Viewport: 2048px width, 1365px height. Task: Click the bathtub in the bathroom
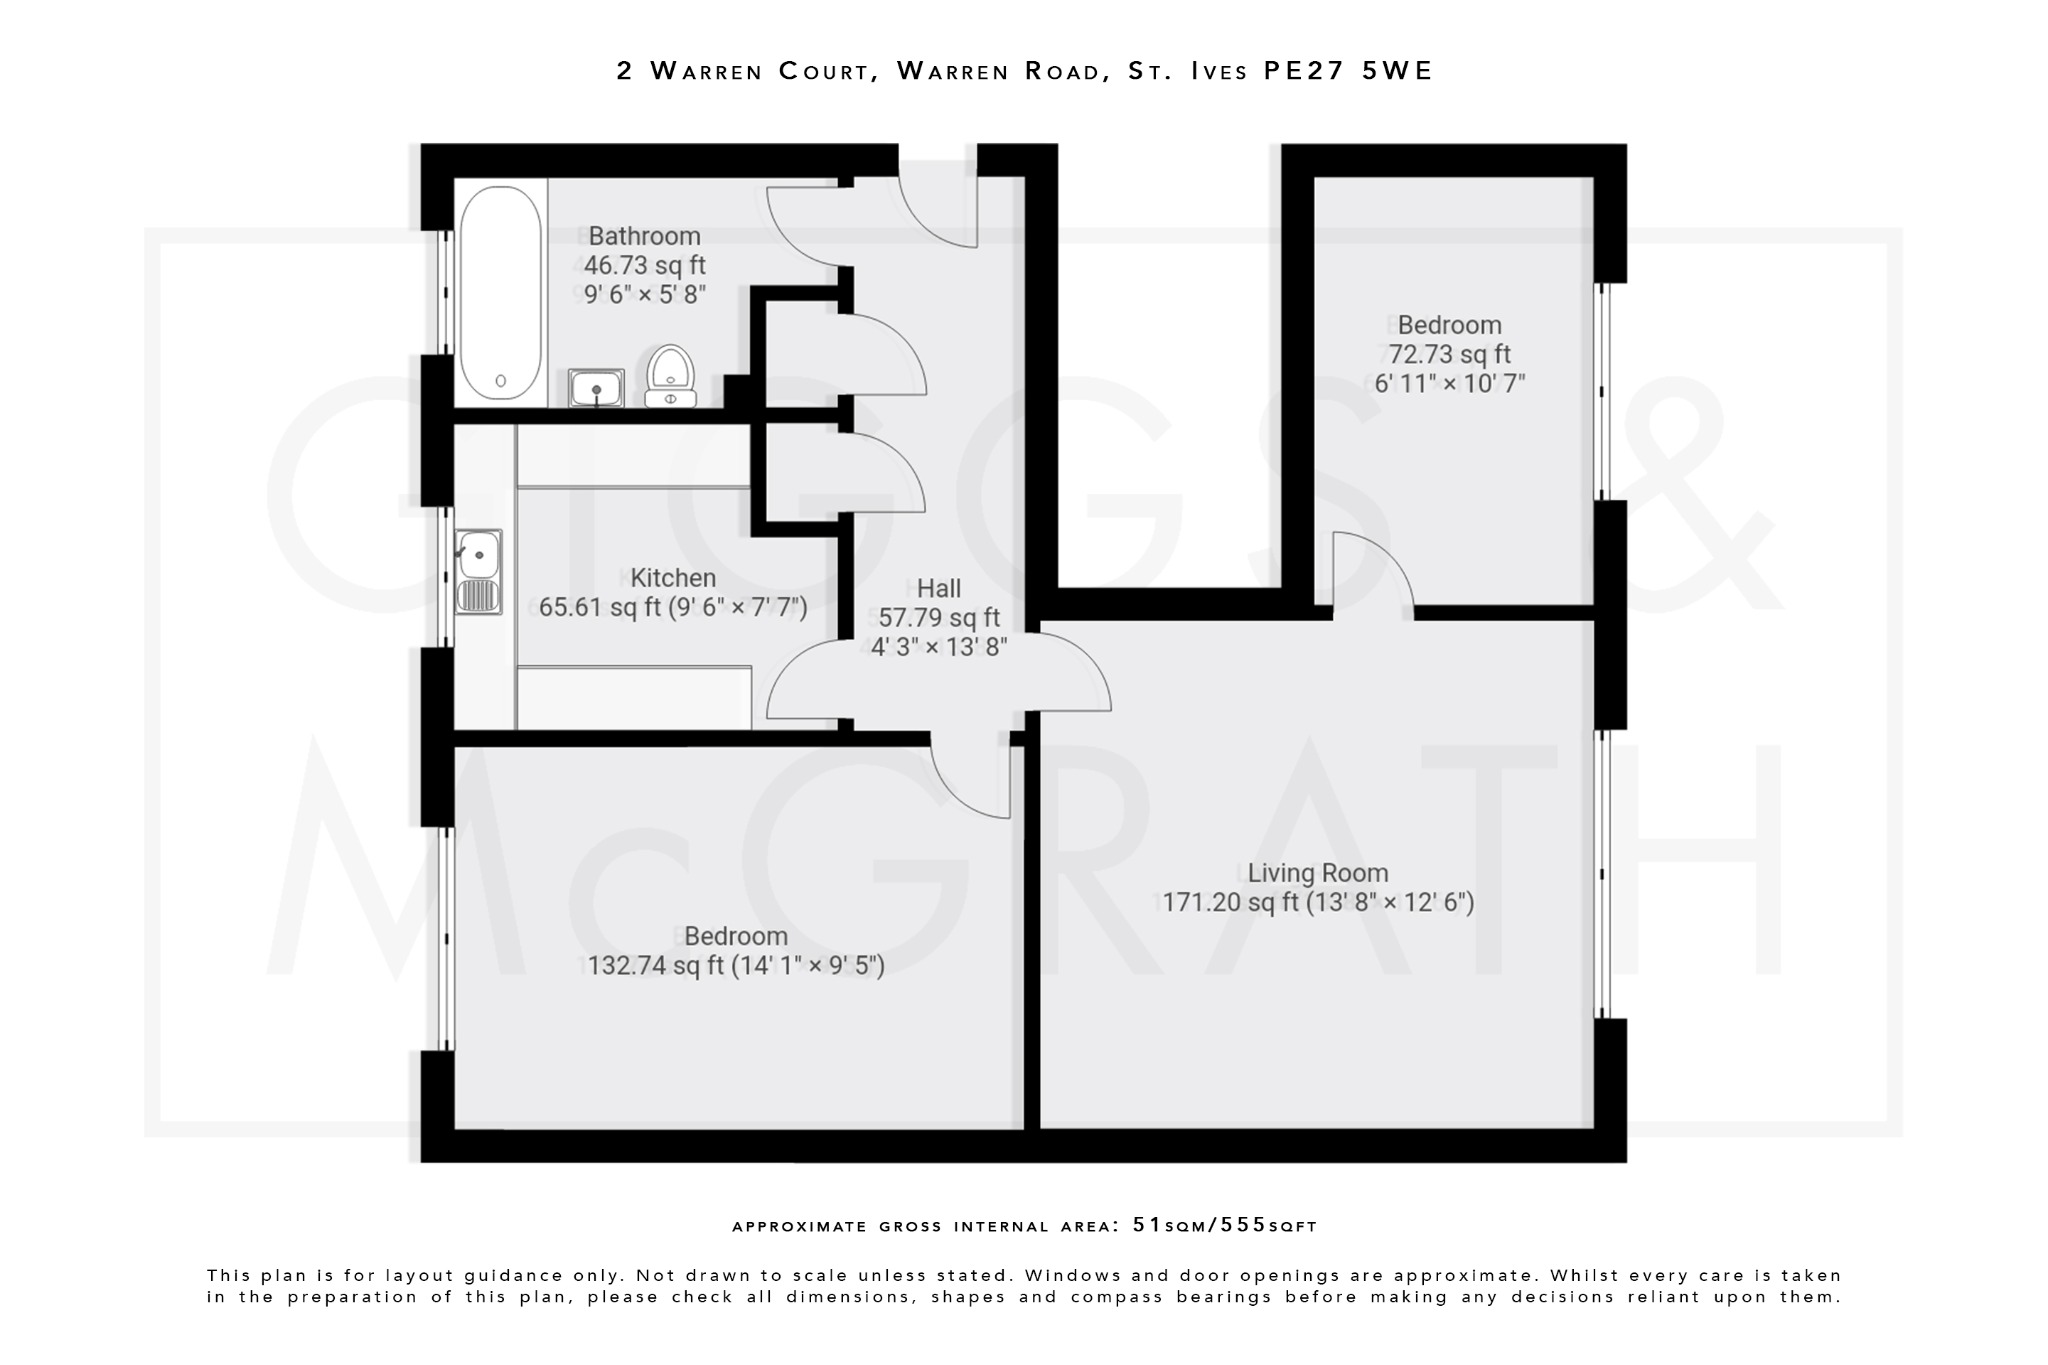tap(500, 292)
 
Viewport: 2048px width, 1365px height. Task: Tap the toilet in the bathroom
tap(670, 377)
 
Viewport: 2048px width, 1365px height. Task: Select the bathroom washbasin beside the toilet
tap(596, 388)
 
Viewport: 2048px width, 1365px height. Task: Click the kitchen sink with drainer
tap(478, 571)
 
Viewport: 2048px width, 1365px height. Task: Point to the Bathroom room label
tap(644, 236)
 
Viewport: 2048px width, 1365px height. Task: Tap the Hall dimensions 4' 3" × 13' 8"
tap(938, 647)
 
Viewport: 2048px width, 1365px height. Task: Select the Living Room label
tap(1317, 873)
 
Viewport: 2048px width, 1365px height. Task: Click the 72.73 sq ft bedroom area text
tap(1449, 354)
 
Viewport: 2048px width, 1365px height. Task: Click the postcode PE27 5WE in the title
tap(1348, 71)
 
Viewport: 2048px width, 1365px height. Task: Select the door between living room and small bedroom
tap(1371, 575)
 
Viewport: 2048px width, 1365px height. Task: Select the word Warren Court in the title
tap(759, 71)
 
